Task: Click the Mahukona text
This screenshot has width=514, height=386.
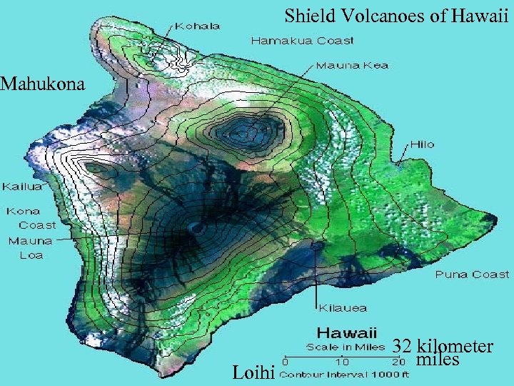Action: click(43, 84)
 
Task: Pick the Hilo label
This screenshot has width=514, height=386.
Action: click(421, 144)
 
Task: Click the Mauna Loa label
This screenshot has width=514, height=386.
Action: click(26, 247)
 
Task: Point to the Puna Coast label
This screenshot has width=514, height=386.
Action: click(473, 274)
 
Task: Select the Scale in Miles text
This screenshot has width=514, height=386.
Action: click(342, 347)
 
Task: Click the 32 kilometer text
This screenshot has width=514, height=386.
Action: click(443, 347)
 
